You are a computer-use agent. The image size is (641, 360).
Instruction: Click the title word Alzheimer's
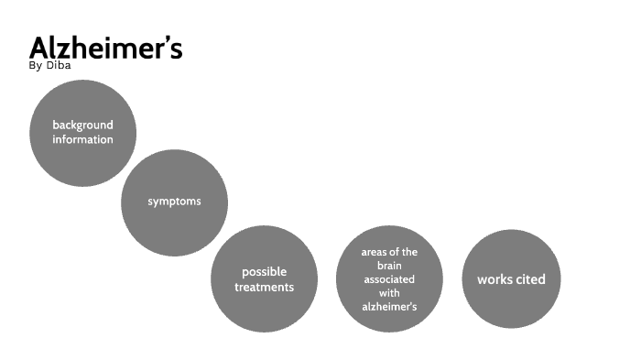105,48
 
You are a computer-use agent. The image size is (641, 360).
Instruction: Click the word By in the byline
36,65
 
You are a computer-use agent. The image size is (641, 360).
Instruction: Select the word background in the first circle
82,125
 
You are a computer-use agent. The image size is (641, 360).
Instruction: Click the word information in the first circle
82,139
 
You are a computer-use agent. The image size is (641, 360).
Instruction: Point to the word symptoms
174,201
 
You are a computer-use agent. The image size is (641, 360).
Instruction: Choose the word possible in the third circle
264,272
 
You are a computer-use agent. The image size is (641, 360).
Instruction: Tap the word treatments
264,287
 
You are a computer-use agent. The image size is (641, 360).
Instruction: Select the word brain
389,266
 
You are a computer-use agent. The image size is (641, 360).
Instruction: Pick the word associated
389,279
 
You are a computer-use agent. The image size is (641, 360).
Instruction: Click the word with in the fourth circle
389,293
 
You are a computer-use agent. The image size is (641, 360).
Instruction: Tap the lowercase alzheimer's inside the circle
389,307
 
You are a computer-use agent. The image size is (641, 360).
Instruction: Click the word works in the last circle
494,279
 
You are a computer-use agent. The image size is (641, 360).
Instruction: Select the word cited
528,279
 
